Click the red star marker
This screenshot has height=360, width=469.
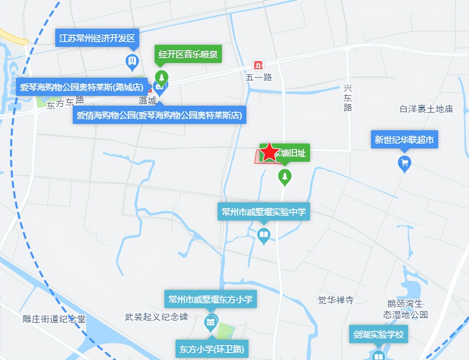pyautogui.click(x=269, y=152)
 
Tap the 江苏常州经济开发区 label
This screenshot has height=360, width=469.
pyautogui.click(x=97, y=38)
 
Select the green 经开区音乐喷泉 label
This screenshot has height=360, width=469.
pyautogui.click(x=188, y=54)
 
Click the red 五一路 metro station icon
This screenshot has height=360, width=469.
pyautogui.click(x=258, y=65)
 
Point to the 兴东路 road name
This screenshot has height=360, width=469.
pyautogui.click(x=348, y=98)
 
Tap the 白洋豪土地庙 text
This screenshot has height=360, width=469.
pyautogui.click(x=426, y=109)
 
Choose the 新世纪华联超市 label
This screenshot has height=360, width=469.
pyautogui.click(x=404, y=140)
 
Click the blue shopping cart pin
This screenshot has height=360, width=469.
pyautogui.click(x=405, y=163)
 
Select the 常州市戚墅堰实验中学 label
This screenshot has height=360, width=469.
pyautogui.click(x=264, y=212)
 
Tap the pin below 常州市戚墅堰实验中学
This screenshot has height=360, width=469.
pyautogui.click(x=264, y=235)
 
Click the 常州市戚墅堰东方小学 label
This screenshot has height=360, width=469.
pyautogui.click(x=210, y=299)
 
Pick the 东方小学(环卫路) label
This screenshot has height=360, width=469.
pyautogui.click(x=212, y=349)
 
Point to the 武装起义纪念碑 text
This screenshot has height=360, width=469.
pyautogui.click(x=156, y=317)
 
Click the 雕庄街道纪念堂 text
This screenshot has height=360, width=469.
pyautogui.click(x=54, y=319)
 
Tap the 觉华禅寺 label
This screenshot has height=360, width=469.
pyautogui.click(x=336, y=300)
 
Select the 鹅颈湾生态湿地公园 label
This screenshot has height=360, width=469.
pyautogui.click(x=405, y=309)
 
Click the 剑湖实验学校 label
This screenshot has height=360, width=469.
pyautogui.click(x=378, y=334)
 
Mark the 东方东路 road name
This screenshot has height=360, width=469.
pyautogui.click(x=65, y=102)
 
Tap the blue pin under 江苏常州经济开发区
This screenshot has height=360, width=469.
pyautogui.click(x=132, y=62)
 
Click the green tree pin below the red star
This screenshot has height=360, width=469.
pyautogui.click(x=285, y=177)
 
